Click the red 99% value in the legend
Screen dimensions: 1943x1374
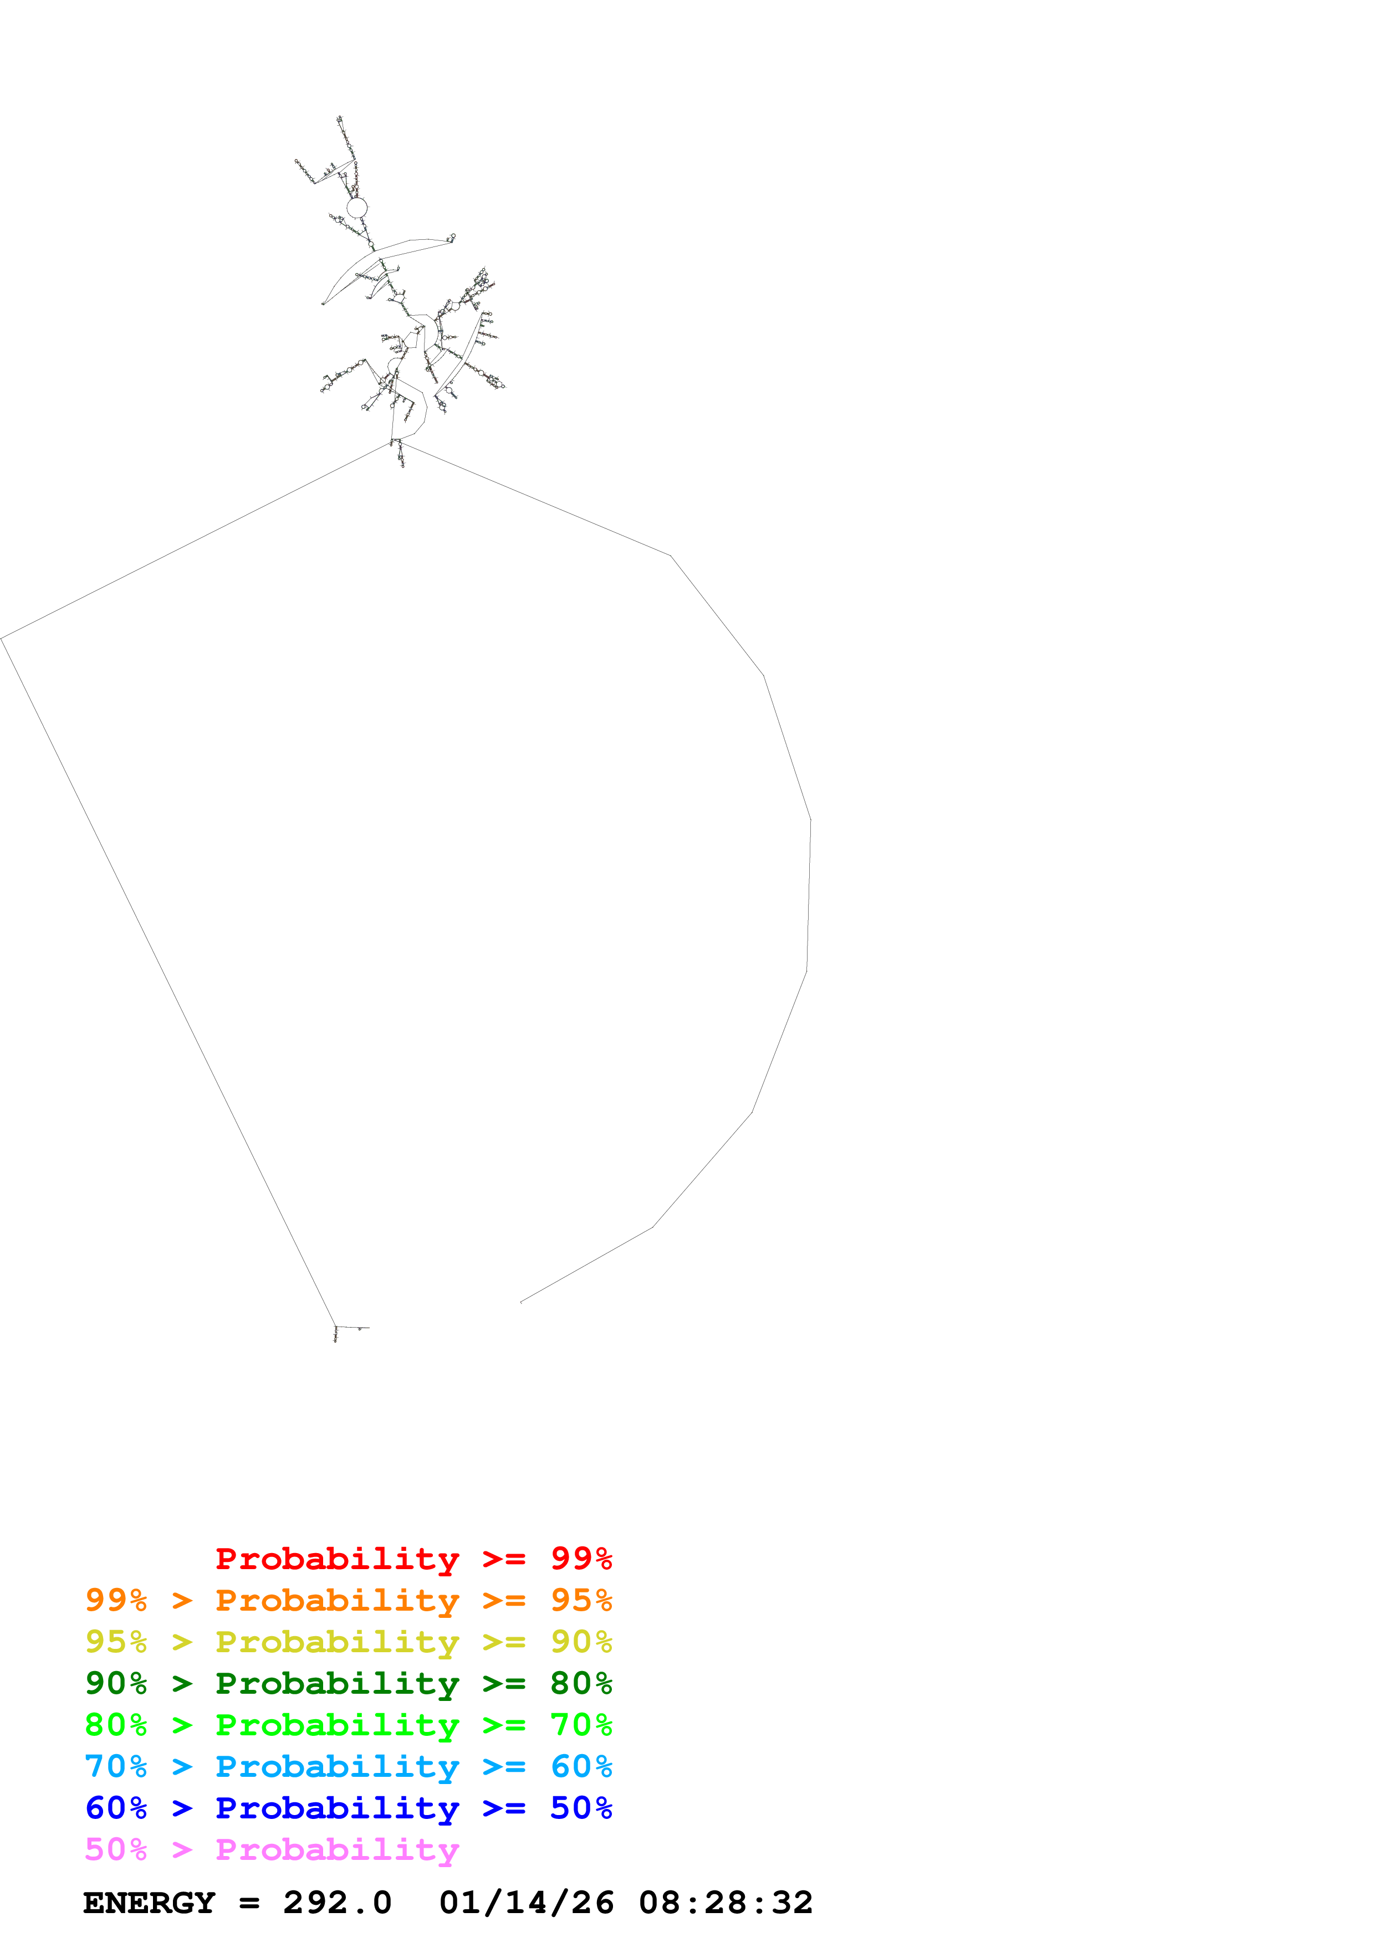pyautogui.click(x=581, y=1559)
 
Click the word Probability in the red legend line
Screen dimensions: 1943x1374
pyautogui.click(x=337, y=1559)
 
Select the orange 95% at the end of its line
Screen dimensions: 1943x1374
pyautogui.click(x=581, y=1600)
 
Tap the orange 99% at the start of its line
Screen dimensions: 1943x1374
pyautogui.click(x=116, y=1600)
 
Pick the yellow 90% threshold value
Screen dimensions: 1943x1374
pyautogui.click(x=581, y=1642)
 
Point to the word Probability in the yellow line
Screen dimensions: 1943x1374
pyautogui.click(x=337, y=1642)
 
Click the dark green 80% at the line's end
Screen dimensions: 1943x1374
pyautogui.click(x=581, y=1683)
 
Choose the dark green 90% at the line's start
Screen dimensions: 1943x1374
pyautogui.click(x=116, y=1683)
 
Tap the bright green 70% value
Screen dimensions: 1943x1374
pyautogui.click(x=581, y=1725)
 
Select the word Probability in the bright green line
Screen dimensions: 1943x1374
pyautogui.click(x=337, y=1725)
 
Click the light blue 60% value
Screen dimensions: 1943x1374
pyautogui.click(x=581, y=1766)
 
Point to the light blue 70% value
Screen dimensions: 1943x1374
pyautogui.click(x=116, y=1766)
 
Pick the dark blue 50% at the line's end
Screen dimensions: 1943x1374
pyautogui.click(x=581, y=1808)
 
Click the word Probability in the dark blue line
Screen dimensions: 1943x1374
pyautogui.click(x=337, y=1808)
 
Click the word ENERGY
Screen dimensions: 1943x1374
pyautogui.click(x=149, y=1903)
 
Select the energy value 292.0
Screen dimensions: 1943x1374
pyautogui.click(x=337, y=1903)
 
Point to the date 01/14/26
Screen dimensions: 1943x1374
pyautogui.click(x=527, y=1903)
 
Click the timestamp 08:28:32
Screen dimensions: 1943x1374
pyautogui.click(x=726, y=1903)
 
